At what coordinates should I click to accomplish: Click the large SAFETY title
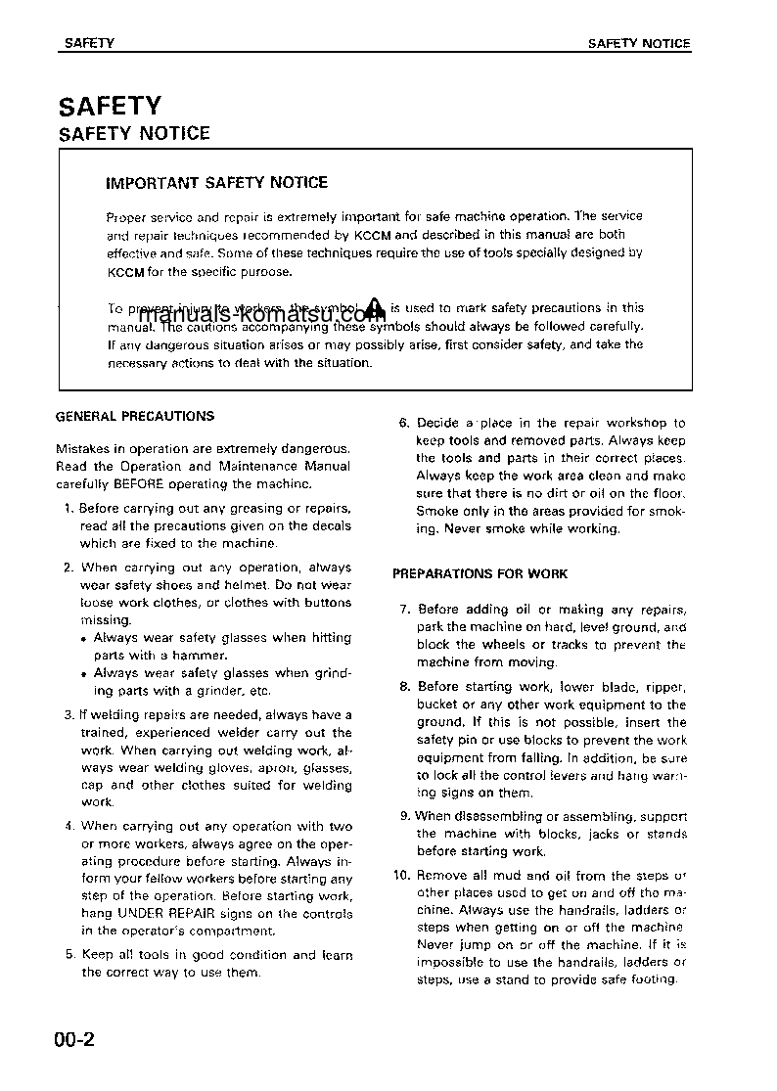(110, 106)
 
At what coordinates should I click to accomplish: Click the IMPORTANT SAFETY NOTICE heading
(216, 183)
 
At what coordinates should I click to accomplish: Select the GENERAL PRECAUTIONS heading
(135, 416)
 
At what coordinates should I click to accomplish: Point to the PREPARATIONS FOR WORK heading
(480, 573)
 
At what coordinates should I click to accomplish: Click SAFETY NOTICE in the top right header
(638, 44)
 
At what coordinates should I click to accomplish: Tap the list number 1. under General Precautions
(69, 508)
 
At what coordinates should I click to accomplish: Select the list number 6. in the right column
(403, 423)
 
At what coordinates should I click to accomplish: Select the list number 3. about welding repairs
(69, 715)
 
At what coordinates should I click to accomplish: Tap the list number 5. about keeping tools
(69, 954)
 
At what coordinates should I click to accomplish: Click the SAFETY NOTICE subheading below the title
(135, 134)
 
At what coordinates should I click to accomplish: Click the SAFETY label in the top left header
(89, 44)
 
